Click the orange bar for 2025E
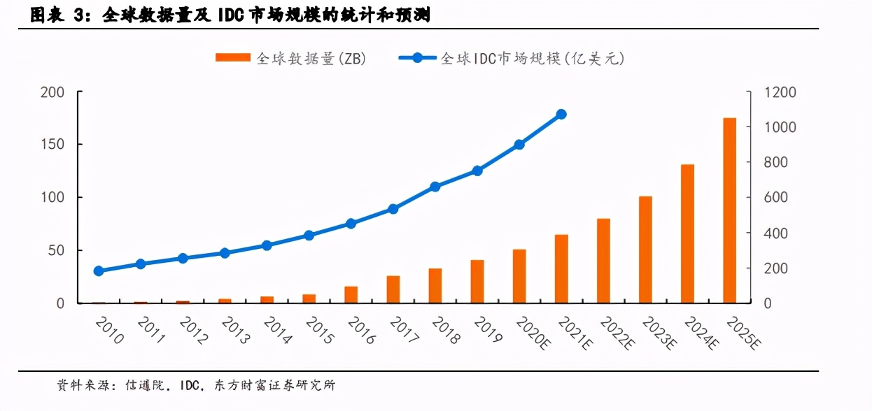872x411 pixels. [x=729, y=210]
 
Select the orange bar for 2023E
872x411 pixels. [x=645, y=250]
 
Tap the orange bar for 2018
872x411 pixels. [x=435, y=286]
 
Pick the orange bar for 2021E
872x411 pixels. [x=561, y=269]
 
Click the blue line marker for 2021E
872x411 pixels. [x=561, y=114]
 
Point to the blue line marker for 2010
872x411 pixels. [x=99, y=271]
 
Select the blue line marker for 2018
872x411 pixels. [x=435, y=187]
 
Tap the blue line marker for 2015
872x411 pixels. [x=309, y=236]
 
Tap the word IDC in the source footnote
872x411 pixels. [x=191, y=385]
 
